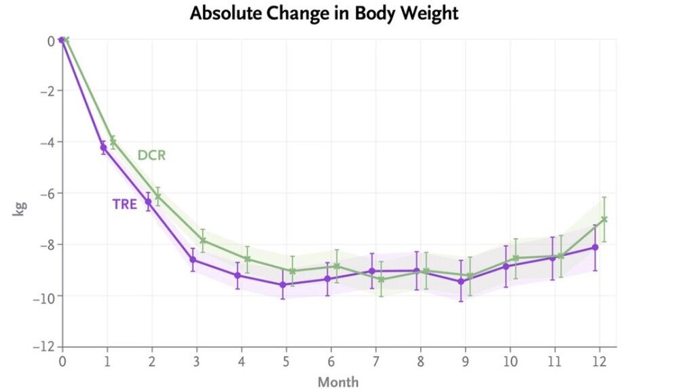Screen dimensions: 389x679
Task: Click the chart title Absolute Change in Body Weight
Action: (324, 13)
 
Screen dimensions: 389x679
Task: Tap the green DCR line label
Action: (151, 155)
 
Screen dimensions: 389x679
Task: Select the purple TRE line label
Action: (125, 204)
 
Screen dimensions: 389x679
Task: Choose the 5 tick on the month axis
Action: (286, 360)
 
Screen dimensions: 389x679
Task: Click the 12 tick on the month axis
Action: (599, 360)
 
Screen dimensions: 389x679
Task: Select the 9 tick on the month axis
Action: (464, 360)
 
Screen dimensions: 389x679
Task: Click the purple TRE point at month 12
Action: (595, 247)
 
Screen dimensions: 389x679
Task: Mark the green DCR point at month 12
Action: (604, 219)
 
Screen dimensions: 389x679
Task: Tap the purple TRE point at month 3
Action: (193, 260)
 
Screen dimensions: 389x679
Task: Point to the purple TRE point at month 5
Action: (282, 284)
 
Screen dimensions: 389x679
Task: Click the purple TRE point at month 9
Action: (461, 281)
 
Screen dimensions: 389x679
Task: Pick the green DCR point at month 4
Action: (247, 259)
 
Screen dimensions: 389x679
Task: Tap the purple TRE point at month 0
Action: (62, 40)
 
